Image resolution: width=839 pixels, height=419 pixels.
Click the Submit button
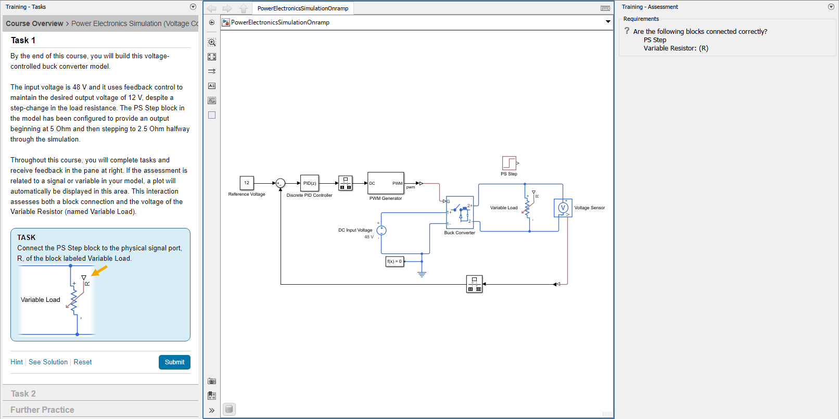[174, 362]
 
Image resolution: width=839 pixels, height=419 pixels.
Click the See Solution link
[48, 362]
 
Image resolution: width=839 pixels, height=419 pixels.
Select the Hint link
[17, 362]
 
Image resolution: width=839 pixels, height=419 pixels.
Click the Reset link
[83, 362]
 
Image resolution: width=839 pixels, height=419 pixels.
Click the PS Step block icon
[509, 163]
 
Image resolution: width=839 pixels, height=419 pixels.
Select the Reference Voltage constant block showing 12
[247, 183]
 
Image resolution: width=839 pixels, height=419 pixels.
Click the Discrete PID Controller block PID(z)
[310, 183]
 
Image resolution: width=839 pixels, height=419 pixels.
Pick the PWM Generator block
[386, 183]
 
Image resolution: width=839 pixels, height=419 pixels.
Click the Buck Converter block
[460, 212]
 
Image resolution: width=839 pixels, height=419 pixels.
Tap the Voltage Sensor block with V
[563, 208]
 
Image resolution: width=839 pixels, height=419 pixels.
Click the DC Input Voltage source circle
[382, 230]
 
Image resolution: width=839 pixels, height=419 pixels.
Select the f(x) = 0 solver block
[395, 261]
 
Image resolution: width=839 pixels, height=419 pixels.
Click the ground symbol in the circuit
[422, 274]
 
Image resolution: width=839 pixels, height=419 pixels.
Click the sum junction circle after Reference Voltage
[280, 183]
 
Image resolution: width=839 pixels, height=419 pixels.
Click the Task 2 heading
[23, 394]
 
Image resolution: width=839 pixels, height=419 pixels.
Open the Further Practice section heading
[42, 410]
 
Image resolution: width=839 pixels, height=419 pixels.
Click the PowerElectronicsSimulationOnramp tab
[303, 8]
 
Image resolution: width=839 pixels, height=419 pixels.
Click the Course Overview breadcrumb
[34, 23]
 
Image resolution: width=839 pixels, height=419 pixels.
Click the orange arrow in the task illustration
[99, 271]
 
